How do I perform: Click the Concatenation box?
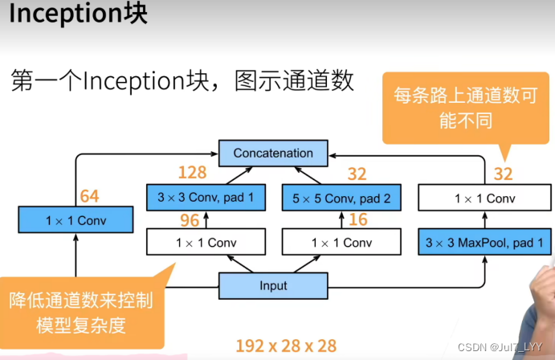tap(273, 153)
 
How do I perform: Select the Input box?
tap(273, 285)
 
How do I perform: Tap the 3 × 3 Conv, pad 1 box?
tap(206, 197)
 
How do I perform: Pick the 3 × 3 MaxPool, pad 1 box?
tap(484, 241)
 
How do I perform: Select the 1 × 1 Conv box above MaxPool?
tap(484, 198)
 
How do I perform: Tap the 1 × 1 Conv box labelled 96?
tap(206, 242)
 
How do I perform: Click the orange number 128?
tap(192, 173)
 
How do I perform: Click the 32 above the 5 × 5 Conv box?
tap(357, 173)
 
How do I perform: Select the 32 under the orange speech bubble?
tap(502, 173)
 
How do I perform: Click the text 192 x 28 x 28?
tap(285, 346)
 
